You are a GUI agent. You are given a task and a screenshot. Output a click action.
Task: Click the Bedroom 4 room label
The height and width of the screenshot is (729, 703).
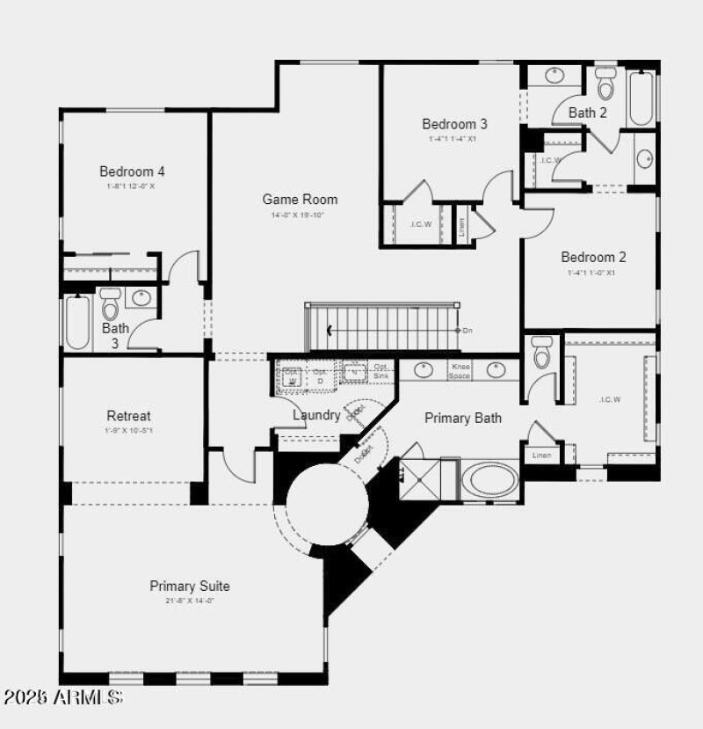(132, 171)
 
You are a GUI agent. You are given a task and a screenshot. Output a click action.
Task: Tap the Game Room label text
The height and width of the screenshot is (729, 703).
(300, 200)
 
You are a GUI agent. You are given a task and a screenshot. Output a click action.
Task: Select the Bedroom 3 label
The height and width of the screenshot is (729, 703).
(454, 124)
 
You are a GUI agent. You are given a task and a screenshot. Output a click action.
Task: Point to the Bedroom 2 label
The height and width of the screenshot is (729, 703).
(594, 258)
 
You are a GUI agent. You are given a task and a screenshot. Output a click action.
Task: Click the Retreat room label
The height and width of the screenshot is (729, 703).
(128, 416)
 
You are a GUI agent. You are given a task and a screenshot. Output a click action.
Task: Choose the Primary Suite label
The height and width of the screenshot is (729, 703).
(190, 586)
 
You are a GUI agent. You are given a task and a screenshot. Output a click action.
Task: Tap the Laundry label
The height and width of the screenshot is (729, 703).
(315, 415)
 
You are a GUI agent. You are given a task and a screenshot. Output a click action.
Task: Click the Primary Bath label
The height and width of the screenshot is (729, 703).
(463, 418)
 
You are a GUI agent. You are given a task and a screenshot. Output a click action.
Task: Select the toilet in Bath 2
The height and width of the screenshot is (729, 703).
(605, 84)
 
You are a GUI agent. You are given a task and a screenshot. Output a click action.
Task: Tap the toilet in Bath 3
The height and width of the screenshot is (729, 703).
(110, 304)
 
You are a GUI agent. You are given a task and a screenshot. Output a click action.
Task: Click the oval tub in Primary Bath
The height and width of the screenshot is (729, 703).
(491, 480)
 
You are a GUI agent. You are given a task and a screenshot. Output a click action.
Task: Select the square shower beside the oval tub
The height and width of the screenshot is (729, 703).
(420, 479)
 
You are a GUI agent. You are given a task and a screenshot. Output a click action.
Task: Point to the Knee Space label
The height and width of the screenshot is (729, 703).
(460, 370)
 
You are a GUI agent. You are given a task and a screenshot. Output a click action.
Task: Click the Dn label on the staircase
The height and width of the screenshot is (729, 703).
(467, 330)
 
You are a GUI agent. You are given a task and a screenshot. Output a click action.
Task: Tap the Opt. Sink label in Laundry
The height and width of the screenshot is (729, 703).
(380, 371)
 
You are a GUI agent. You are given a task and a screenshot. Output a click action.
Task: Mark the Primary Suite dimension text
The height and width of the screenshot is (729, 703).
(190, 601)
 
